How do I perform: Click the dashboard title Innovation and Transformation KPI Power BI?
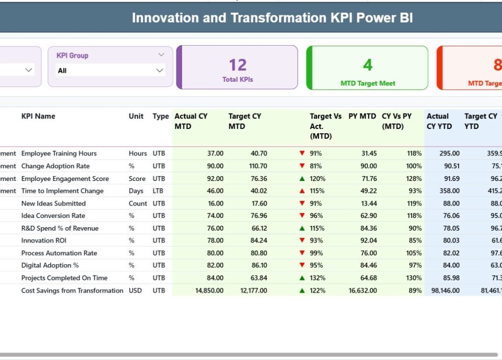click(272, 18)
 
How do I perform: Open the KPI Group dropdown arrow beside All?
click(159, 71)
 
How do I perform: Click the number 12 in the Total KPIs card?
click(238, 65)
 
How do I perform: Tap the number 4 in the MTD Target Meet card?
click(368, 65)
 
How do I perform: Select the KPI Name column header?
click(38, 117)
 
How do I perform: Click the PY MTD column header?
click(362, 117)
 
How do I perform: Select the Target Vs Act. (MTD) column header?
click(325, 126)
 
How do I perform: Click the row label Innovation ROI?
click(44, 240)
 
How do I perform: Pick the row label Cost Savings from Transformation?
click(72, 291)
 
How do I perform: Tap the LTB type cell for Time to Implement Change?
click(158, 191)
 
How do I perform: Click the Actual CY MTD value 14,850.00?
click(209, 291)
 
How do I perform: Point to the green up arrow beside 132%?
click(302, 278)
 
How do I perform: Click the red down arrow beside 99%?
click(302, 253)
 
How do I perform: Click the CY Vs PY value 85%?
click(414, 240)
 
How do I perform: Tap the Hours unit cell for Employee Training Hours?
click(138, 153)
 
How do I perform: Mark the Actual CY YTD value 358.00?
click(449, 191)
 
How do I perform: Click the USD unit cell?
click(135, 291)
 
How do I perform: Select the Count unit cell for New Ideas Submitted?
click(138, 204)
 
